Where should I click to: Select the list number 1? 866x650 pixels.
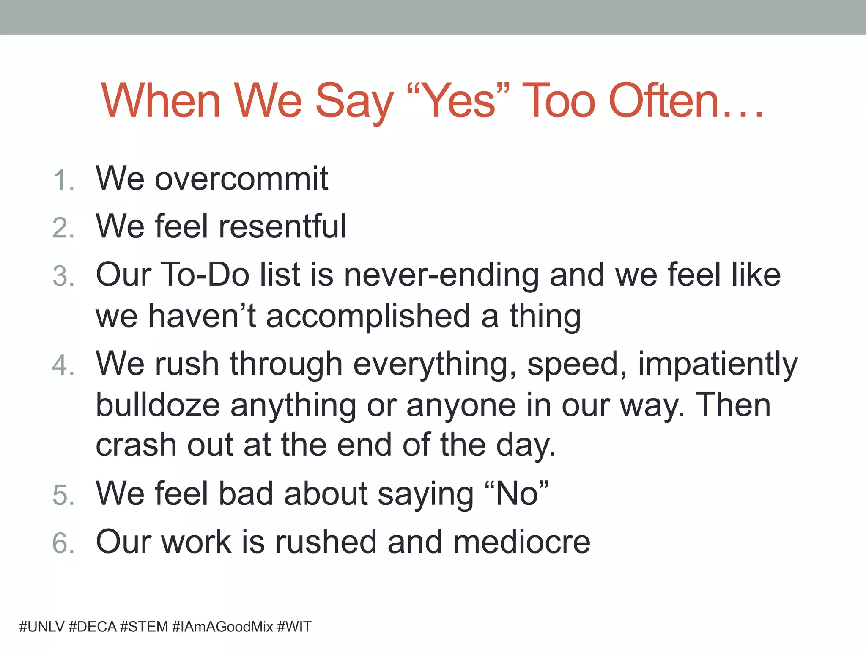(63, 180)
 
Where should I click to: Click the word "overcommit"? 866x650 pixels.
(241, 179)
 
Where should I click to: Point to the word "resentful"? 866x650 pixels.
(282, 226)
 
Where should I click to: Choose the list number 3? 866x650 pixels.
(63, 276)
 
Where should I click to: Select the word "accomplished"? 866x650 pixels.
(368, 316)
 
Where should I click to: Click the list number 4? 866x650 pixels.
(63, 365)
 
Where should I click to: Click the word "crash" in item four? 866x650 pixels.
(136, 445)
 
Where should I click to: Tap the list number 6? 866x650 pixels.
(63, 543)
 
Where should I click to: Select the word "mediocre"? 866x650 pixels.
(521, 542)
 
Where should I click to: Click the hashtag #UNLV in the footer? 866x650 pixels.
(42, 627)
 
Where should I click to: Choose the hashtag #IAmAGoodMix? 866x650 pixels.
(223, 627)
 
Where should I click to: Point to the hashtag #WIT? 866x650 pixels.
(294, 627)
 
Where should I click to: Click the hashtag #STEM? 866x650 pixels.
(144, 627)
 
